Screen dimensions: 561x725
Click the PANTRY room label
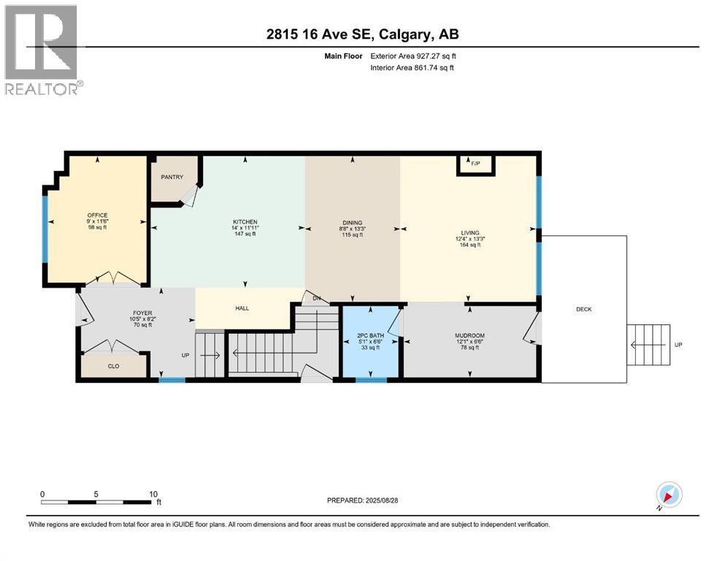[172, 178]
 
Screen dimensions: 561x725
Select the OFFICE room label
[97, 215]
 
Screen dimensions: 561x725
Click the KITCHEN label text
[245, 222]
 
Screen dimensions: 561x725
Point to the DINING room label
[353, 223]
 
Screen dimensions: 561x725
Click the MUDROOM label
[469, 336]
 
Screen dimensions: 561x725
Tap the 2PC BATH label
[371, 336]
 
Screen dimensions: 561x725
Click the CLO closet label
[113, 367]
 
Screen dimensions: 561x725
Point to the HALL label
[242, 308]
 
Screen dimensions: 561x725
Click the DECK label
[583, 309]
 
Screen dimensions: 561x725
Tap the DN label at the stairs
[316, 298]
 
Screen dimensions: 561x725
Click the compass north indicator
[669, 495]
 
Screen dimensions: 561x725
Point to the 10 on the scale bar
[154, 494]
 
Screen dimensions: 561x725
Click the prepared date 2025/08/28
[362, 500]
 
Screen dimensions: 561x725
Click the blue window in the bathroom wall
[371, 380]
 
